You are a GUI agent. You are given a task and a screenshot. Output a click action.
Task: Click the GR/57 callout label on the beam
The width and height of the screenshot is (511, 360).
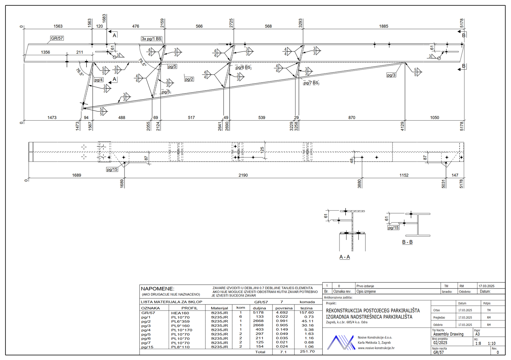[57, 38]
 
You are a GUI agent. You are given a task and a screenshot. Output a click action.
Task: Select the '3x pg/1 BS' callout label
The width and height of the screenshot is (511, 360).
[151, 39]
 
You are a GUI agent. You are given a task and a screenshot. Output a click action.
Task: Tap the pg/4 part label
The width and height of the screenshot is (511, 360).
[99, 80]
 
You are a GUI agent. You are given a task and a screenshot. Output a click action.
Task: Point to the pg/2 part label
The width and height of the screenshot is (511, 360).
[189, 79]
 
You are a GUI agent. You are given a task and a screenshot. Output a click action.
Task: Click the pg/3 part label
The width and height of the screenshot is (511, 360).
[391, 75]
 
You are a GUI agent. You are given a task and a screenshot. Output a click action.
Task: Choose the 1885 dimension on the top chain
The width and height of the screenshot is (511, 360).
[384, 26]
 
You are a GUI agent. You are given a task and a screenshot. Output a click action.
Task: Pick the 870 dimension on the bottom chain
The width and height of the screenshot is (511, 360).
[352, 117]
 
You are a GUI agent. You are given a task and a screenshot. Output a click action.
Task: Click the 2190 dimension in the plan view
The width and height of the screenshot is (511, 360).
[243, 175]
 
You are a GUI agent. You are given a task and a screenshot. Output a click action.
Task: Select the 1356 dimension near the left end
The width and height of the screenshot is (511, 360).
[45, 52]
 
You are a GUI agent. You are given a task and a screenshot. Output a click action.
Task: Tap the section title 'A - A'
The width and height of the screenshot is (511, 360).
[345, 257]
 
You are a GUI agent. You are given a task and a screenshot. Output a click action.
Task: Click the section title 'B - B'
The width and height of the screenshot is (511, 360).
[407, 242]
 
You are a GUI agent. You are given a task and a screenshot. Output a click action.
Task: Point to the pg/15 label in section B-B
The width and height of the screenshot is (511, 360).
[393, 228]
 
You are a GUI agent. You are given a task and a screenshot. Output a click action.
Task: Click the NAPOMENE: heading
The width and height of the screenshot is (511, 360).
[158, 289]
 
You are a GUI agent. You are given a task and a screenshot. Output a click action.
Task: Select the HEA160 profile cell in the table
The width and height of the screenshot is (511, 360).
[180, 313]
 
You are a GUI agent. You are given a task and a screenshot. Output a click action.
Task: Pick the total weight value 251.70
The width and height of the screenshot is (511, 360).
[307, 351]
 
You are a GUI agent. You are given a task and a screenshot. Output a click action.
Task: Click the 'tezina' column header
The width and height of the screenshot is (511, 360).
[307, 308]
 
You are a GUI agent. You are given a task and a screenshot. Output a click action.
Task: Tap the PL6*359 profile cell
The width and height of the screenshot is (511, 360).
[180, 321]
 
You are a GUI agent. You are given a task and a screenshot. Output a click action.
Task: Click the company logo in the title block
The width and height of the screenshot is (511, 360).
[340, 342]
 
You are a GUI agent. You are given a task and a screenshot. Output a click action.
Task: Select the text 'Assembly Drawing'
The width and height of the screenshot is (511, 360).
[448, 334]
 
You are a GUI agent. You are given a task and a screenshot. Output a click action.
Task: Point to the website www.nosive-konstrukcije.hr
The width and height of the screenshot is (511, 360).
[376, 348]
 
